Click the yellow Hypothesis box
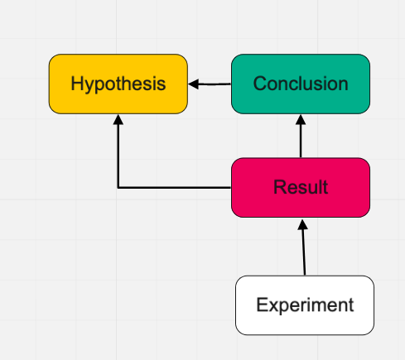pyautogui.click(x=118, y=84)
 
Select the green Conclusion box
pyautogui.click(x=301, y=84)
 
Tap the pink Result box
pyautogui.click(x=301, y=188)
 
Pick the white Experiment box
pyautogui.click(x=305, y=305)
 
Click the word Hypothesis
pyautogui.click(x=118, y=84)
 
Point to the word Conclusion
pyautogui.click(x=301, y=84)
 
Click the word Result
pyautogui.click(x=301, y=187)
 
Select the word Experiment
pyautogui.click(x=305, y=305)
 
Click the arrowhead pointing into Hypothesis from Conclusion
pyautogui.click(x=193, y=84)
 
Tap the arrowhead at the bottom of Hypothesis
pyautogui.click(x=118, y=119)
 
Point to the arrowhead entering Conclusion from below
pyautogui.click(x=301, y=119)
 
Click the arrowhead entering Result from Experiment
pyautogui.click(x=302, y=224)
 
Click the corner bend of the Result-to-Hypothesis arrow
pyautogui.click(x=118, y=188)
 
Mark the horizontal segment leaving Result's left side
pyautogui.click(x=175, y=188)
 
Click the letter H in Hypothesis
pyautogui.click(x=77, y=84)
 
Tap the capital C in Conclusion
pyautogui.click(x=260, y=84)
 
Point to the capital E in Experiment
pyautogui.click(x=262, y=305)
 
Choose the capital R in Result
pyautogui.click(x=280, y=187)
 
